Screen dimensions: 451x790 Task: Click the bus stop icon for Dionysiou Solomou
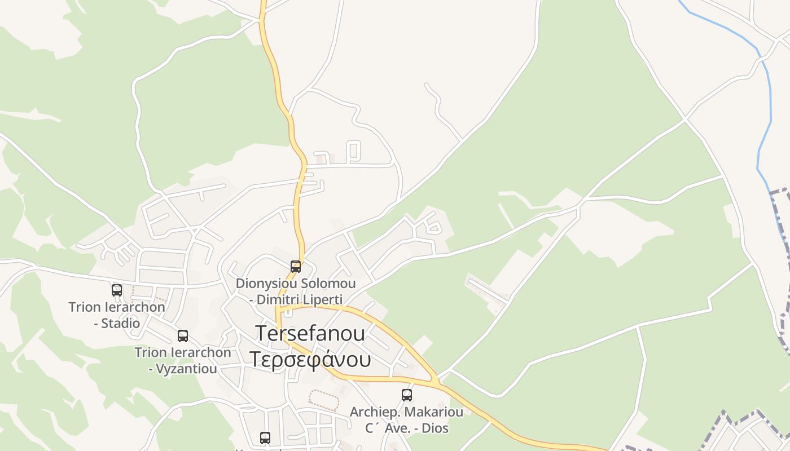[295, 267]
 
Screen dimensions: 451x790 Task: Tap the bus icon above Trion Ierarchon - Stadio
[117, 290]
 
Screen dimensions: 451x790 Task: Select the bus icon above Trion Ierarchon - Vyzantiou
[183, 336]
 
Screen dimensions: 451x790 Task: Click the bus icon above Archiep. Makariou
[407, 395]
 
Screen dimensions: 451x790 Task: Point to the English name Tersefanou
[310, 333]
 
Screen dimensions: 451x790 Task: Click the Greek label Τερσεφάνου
[310, 359]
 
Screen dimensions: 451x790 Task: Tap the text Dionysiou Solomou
[296, 283]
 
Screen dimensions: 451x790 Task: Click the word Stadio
[121, 323]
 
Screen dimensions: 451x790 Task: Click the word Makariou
[434, 412]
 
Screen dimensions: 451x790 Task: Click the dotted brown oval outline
[324, 400]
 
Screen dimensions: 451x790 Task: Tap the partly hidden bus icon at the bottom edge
[265, 437]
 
